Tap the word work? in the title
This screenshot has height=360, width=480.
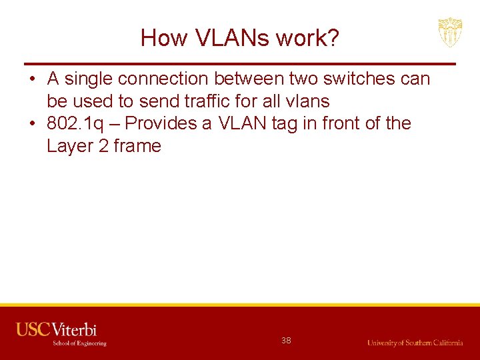pyautogui.click(x=309, y=38)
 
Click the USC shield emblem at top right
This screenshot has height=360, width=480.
pyautogui.click(x=450, y=32)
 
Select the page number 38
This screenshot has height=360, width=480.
pyautogui.click(x=286, y=340)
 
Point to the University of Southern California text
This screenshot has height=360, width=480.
pyautogui.click(x=415, y=343)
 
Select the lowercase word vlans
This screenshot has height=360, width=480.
pyautogui.click(x=307, y=101)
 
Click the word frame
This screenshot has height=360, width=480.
pyautogui.click(x=137, y=146)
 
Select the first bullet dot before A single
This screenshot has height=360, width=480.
pyautogui.click(x=32, y=79)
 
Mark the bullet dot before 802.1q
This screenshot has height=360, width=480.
pyautogui.click(x=32, y=124)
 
